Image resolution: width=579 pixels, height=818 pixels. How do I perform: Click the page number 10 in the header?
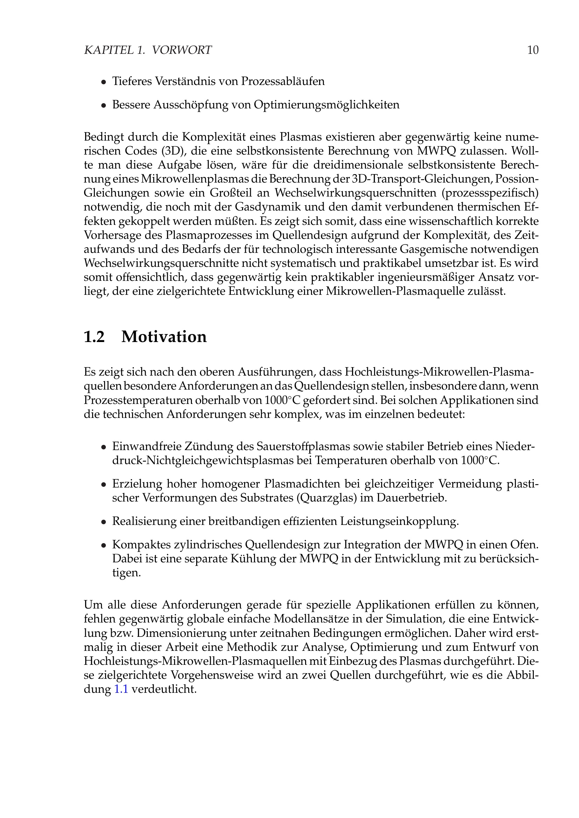(533, 50)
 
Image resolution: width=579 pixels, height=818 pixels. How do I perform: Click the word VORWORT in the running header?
(181, 50)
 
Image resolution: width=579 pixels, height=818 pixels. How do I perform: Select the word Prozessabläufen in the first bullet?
(283, 81)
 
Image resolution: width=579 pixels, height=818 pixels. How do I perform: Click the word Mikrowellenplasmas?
(196, 179)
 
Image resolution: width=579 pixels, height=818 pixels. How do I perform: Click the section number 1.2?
(94, 337)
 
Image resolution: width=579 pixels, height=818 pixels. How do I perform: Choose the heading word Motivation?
(164, 337)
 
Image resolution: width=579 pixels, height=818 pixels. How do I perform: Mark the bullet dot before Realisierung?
(103, 522)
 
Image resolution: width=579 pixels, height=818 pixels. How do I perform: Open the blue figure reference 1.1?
(121, 689)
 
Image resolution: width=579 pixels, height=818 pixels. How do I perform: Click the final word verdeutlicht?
(164, 689)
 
